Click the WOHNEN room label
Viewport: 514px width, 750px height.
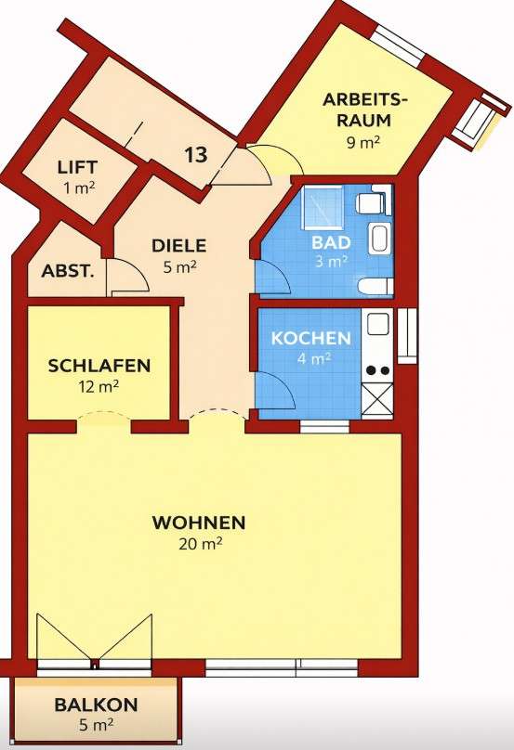199,523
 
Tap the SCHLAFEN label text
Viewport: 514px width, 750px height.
99,366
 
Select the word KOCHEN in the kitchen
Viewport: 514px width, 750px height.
310,338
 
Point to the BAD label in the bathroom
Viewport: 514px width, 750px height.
331,242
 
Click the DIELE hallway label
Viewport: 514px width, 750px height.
178,246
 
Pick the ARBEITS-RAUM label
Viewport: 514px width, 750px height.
364,110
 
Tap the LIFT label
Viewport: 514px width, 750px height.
77,168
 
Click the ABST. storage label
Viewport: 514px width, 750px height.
68,272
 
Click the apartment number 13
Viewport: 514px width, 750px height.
196,155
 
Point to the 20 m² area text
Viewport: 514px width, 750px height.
201,544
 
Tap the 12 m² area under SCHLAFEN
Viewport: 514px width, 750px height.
99,386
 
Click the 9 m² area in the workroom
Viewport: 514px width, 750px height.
364,143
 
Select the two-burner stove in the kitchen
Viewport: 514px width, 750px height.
378,369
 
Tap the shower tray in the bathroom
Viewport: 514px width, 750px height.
322,207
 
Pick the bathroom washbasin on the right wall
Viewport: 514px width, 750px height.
380,238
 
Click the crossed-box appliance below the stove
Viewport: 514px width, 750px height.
377,401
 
